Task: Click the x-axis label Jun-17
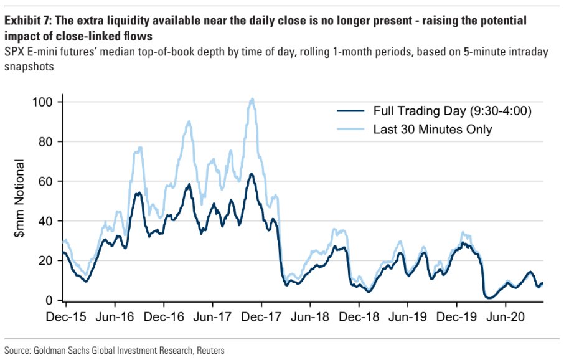[x=212, y=316]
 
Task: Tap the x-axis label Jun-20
[x=505, y=316]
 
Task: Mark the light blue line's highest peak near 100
[x=252, y=98]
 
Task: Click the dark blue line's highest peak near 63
[x=251, y=174]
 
